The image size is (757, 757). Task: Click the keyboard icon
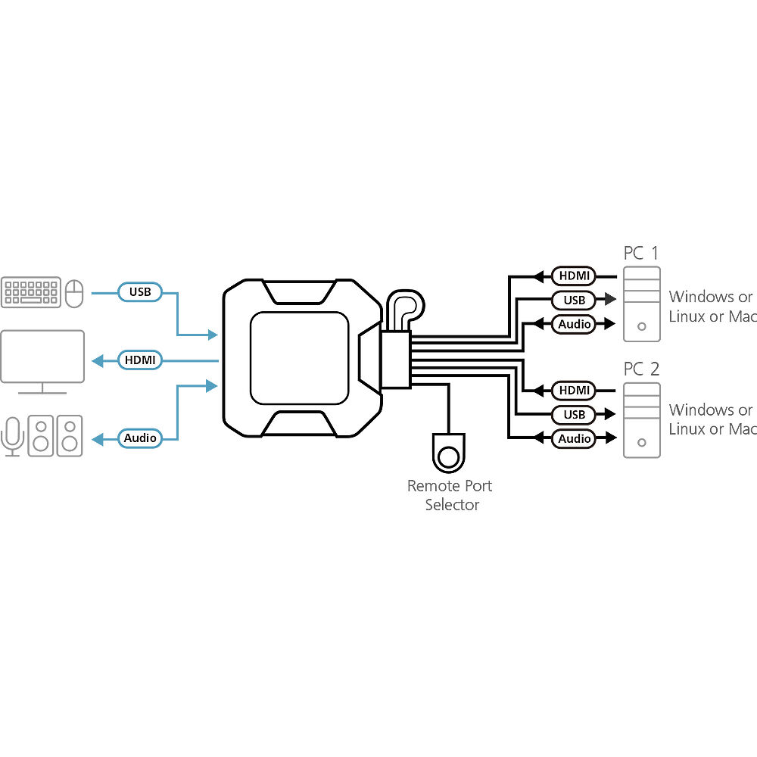pyautogui.click(x=31, y=292)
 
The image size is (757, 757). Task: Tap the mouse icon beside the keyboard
pyautogui.click(x=74, y=293)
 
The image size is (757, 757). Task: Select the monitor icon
pyautogui.click(x=42, y=362)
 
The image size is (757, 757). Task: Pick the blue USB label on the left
pyautogui.click(x=140, y=292)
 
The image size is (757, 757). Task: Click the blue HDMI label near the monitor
pyautogui.click(x=140, y=360)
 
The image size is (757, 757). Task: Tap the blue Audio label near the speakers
pyautogui.click(x=140, y=438)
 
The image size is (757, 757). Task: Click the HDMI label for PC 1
pyautogui.click(x=574, y=276)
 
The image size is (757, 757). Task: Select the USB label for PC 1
pyautogui.click(x=574, y=300)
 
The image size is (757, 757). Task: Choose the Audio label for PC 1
pyautogui.click(x=574, y=324)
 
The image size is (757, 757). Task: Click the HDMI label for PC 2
pyautogui.click(x=574, y=390)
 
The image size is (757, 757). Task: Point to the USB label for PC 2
pyautogui.click(x=574, y=414)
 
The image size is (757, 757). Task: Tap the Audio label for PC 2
pyautogui.click(x=574, y=438)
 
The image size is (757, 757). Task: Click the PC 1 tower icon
pyautogui.click(x=642, y=304)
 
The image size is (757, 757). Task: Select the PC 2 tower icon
pyautogui.click(x=642, y=420)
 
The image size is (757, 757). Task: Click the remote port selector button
pyautogui.click(x=448, y=456)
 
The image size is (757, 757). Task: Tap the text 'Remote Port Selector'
pyautogui.click(x=450, y=495)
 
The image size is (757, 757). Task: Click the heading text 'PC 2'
pyautogui.click(x=641, y=369)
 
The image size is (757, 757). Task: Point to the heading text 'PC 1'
pyautogui.click(x=641, y=253)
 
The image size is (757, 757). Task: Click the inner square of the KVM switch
pyautogui.click(x=299, y=358)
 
